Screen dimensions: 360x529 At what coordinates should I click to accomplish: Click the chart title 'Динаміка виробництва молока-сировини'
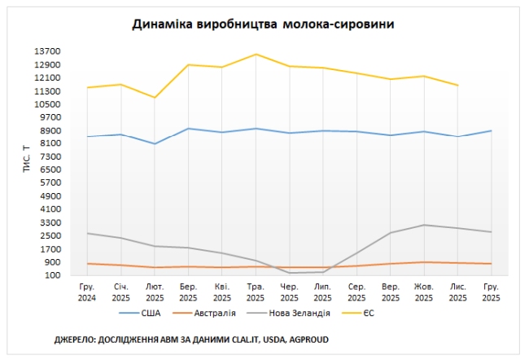click(264, 24)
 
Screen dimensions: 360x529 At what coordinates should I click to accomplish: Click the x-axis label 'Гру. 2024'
click(87, 292)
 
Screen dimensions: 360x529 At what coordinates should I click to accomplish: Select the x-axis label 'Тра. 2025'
click(256, 292)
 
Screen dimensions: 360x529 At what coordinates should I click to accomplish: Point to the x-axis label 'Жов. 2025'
click(424, 292)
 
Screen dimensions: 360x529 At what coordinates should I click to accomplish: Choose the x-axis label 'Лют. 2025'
click(155, 292)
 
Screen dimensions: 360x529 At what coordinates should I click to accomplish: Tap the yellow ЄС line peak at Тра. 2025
click(256, 55)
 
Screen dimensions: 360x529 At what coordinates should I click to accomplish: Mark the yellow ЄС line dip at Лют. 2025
click(155, 98)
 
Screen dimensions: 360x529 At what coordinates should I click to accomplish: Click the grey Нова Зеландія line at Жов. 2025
click(424, 225)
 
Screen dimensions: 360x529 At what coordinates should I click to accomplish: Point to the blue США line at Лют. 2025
click(155, 144)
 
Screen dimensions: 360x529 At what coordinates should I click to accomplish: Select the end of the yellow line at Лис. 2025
click(458, 85)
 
